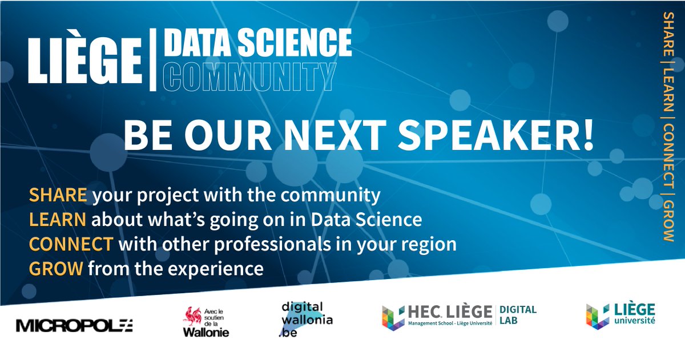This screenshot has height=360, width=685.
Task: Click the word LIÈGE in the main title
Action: click(x=84, y=61)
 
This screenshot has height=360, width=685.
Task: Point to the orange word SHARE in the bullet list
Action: click(x=58, y=196)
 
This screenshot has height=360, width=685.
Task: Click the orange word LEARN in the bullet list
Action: click(x=58, y=220)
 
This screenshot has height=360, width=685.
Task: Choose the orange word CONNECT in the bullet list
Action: click(x=71, y=244)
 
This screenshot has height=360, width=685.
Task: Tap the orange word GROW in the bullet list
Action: click(x=56, y=268)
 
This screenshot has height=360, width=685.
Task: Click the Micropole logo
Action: click(x=74, y=326)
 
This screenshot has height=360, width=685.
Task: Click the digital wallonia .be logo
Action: click(x=306, y=319)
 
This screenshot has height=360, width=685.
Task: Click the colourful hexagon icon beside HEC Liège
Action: click(x=393, y=317)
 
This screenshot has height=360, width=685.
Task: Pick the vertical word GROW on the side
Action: click(x=666, y=221)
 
